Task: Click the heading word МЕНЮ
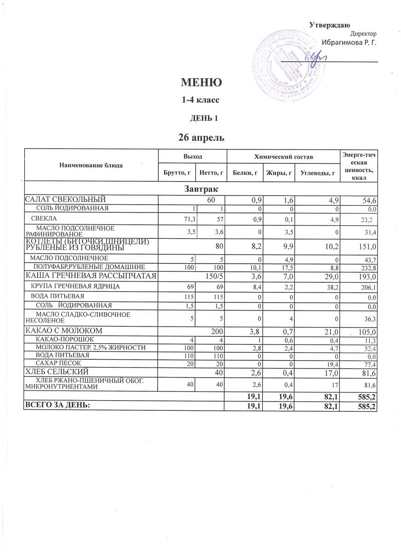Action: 202,83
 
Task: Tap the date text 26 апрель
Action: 201,137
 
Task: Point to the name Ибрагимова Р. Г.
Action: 349,43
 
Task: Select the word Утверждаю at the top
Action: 330,24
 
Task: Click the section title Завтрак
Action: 200,189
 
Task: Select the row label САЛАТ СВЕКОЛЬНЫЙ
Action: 65,199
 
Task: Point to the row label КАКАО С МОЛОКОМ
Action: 63,331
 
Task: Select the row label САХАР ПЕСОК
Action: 59,363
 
